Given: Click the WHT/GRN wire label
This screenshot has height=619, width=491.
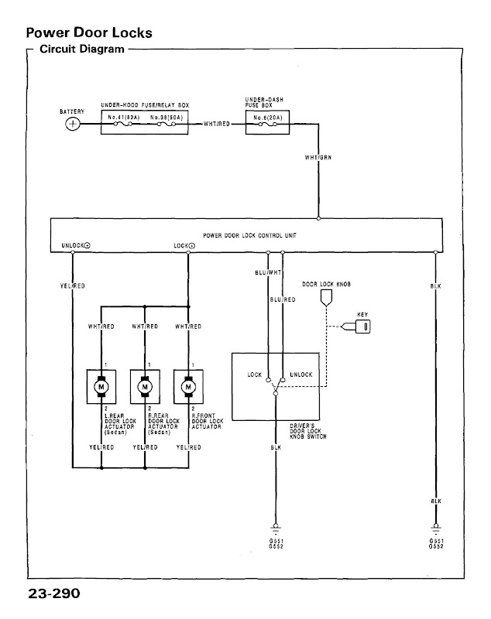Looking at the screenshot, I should (x=318, y=158).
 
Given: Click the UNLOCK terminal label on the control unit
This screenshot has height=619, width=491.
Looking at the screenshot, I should (x=74, y=245).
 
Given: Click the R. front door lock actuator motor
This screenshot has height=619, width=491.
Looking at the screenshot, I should (x=188, y=384).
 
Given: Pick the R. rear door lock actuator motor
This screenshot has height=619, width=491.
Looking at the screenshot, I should (x=144, y=384).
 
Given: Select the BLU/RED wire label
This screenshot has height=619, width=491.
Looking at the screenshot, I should (x=282, y=299).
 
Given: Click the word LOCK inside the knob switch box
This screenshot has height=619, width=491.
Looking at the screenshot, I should (x=255, y=374).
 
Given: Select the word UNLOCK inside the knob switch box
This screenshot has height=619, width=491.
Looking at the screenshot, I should (x=300, y=374).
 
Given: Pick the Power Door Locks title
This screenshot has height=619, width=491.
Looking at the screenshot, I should (x=88, y=34).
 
